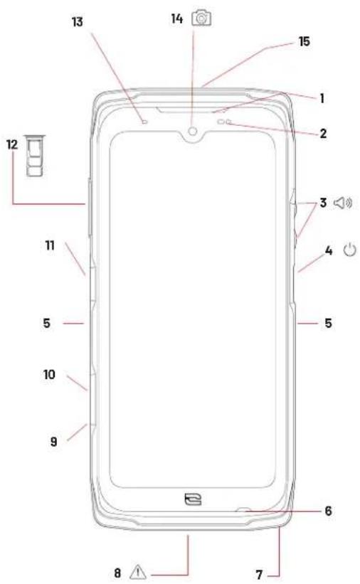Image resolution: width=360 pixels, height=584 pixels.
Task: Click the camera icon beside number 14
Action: pyautogui.click(x=201, y=18)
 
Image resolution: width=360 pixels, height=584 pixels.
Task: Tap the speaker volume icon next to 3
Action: pyautogui.click(x=343, y=203)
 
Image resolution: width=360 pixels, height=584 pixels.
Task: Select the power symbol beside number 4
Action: pyautogui.click(x=349, y=250)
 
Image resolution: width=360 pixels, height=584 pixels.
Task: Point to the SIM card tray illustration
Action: pyautogui.click(x=35, y=155)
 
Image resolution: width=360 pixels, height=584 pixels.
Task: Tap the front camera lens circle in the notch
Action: pyautogui.click(x=193, y=131)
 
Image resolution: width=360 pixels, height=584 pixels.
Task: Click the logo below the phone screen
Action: pyautogui.click(x=193, y=499)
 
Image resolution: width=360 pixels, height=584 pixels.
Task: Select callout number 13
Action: pyautogui.click(x=77, y=22)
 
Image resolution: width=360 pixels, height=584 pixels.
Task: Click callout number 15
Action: pyautogui.click(x=305, y=41)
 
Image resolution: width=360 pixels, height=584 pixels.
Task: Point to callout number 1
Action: pyautogui.click(x=322, y=98)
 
